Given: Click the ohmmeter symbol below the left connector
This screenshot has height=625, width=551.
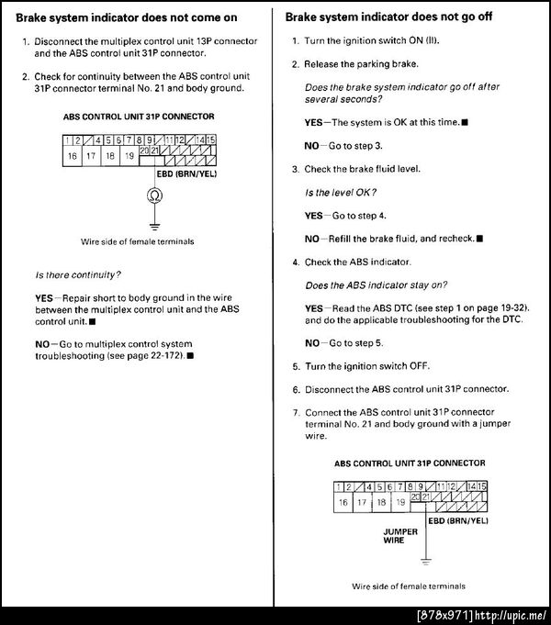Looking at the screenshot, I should pos(153,196).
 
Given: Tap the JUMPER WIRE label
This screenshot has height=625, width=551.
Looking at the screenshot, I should pos(399,536).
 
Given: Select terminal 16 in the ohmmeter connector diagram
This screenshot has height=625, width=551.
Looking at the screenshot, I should pos(73,156).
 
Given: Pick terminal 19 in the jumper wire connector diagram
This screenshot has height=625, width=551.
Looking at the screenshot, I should pos(399,502).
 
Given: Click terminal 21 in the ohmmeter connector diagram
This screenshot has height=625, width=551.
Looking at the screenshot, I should pos(155,150).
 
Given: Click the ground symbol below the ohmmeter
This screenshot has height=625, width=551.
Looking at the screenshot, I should pos(153,223).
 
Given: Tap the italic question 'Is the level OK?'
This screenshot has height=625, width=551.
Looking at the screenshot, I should pos(340,192).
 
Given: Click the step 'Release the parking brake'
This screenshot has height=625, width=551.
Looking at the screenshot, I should pos(360,64).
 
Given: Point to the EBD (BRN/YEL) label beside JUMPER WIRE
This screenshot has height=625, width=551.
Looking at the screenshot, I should pos(458,519).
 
